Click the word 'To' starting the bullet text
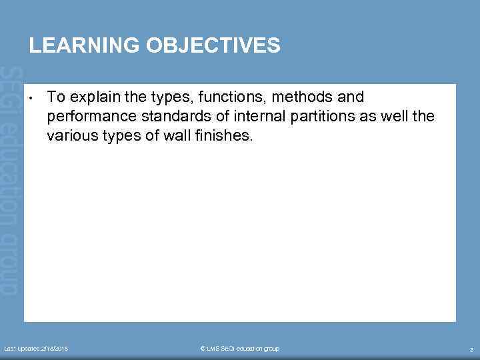[56, 97]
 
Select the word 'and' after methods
[351, 97]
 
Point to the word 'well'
[396, 117]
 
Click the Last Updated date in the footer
[36, 349]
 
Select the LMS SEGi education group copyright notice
[240, 349]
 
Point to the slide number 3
[471, 349]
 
